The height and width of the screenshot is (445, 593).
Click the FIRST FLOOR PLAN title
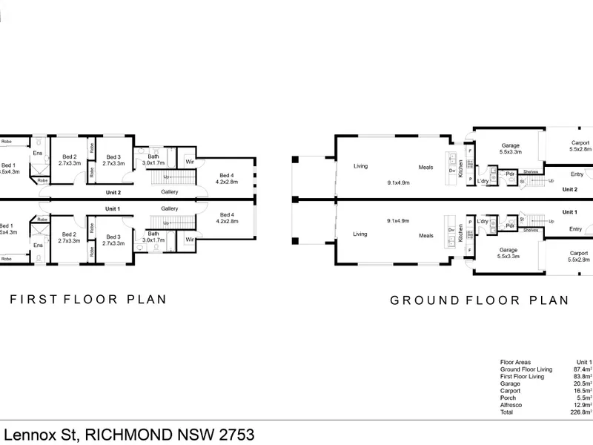[87, 300]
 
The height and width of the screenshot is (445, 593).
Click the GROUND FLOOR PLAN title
[480, 300]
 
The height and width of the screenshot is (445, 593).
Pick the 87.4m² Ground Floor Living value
[582, 369]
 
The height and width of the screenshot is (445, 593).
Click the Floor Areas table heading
[516, 362]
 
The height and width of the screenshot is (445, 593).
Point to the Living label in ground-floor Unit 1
[360, 234]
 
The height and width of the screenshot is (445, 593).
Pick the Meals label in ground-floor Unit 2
[425, 167]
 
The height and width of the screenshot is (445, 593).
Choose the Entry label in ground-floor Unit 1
[576, 229]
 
